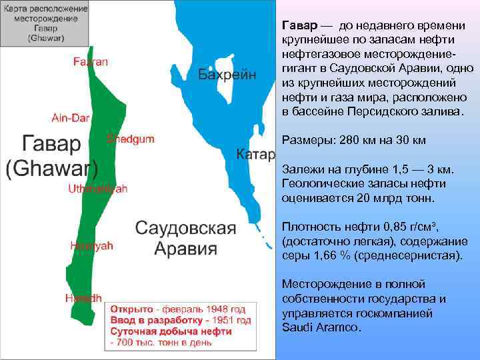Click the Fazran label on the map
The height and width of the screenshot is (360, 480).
(91, 62)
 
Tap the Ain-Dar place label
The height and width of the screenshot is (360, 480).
(70, 118)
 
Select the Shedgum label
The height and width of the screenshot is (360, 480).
(130, 139)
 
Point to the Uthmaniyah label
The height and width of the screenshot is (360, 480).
(97, 189)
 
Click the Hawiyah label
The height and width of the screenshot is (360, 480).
(91, 245)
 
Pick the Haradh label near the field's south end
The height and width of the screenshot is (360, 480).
(83, 298)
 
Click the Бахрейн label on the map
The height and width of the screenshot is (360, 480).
(227, 74)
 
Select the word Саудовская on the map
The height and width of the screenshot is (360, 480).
(186, 228)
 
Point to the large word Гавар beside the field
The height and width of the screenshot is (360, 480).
(52, 143)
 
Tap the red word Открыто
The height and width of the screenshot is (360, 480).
(131, 310)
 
